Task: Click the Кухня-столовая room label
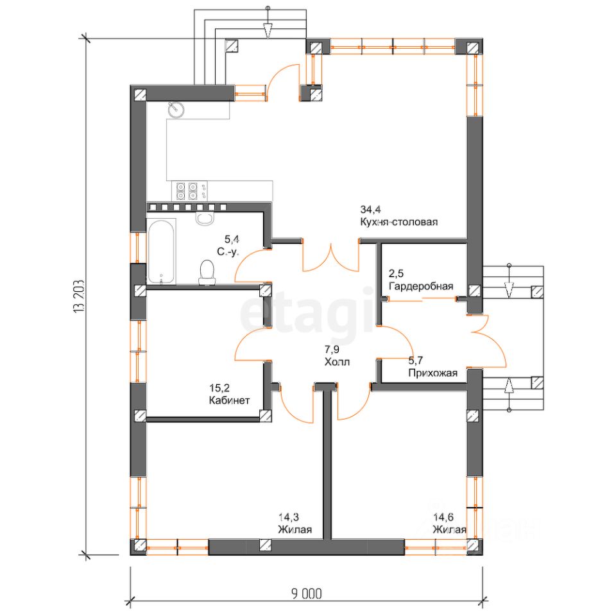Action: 398,223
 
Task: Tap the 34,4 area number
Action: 370,209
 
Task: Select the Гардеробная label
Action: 421,286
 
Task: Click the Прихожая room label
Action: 433,373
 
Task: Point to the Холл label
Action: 337,362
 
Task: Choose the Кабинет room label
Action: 229,400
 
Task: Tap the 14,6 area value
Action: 443,517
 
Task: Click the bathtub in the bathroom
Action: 161,251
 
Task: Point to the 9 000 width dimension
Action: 307,594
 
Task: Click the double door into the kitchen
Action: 331,256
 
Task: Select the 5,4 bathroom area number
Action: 232,239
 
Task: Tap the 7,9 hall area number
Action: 332,349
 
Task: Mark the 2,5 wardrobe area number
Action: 396,273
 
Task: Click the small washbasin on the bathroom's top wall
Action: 204,218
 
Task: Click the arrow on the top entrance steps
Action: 268,30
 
